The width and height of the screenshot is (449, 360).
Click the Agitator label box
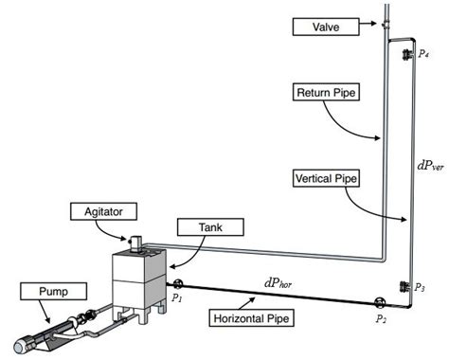point(97,208)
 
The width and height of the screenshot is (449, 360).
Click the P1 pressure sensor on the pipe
point(176,282)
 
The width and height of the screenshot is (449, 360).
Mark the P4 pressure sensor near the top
point(404,53)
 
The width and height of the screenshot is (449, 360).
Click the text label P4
point(422,55)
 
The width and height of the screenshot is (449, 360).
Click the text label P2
point(381,320)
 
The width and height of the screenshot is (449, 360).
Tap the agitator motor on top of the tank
point(135,244)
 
